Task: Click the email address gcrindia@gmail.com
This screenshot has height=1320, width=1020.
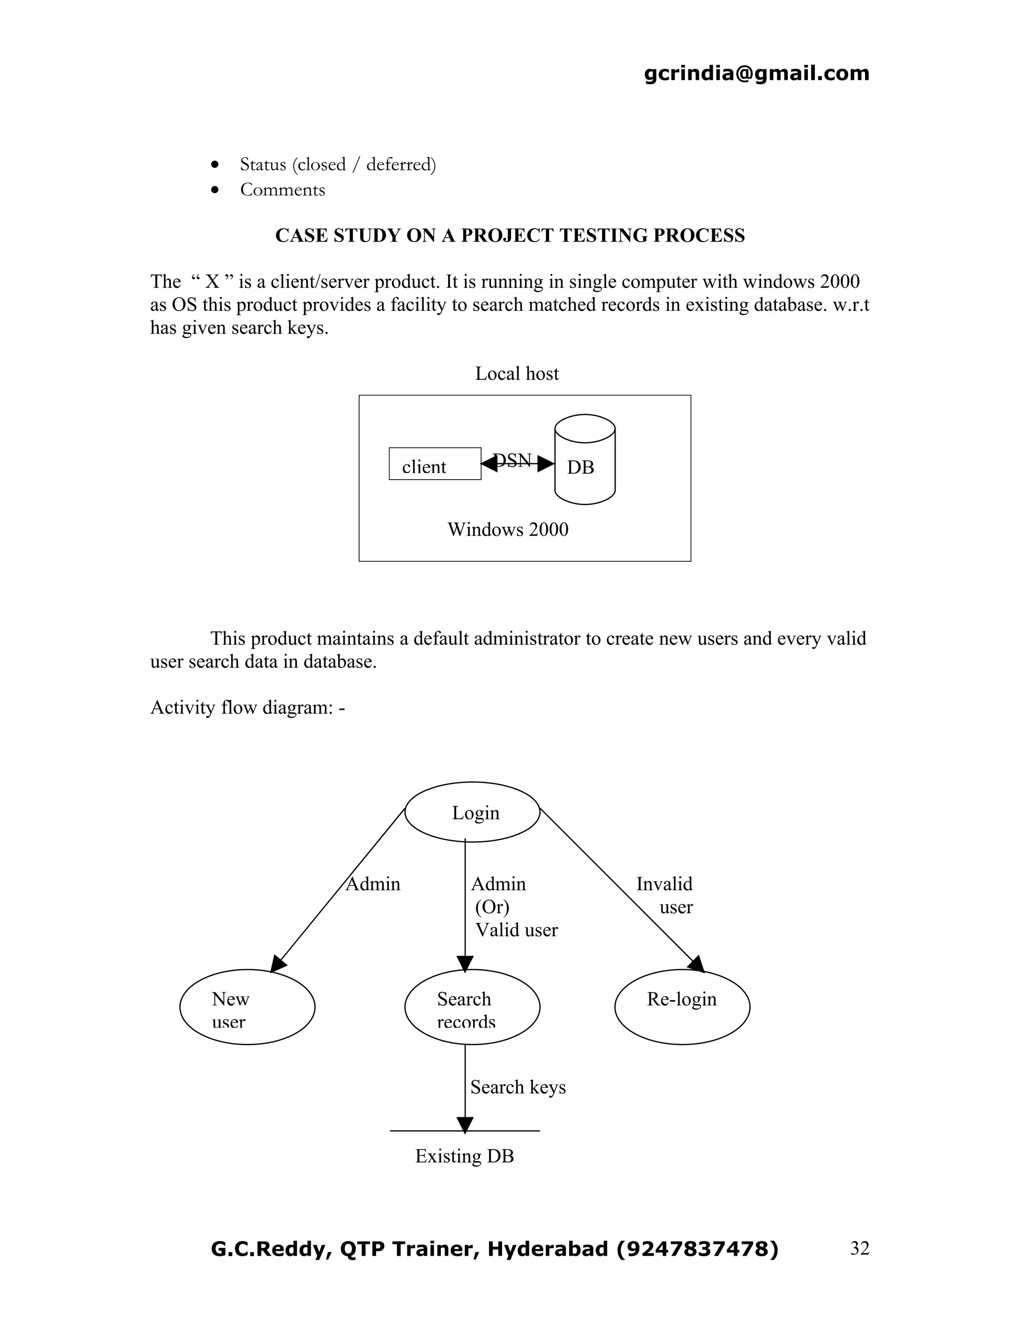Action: coord(756,73)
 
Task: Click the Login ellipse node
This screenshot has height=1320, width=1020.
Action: coord(472,812)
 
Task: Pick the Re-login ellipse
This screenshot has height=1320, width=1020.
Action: coord(682,1006)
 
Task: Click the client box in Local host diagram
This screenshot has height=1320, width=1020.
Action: coord(434,464)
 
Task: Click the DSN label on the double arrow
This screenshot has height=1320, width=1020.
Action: coord(512,461)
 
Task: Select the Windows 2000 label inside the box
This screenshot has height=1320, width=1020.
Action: coord(508,529)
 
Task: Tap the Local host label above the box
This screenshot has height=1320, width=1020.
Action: coord(516,374)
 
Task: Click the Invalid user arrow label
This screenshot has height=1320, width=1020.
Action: coord(665,895)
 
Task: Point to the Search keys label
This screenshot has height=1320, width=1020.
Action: coord(518,1087)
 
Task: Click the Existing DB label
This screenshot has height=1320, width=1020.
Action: coord(464,1156)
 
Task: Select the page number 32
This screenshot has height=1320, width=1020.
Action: coord(859,1248)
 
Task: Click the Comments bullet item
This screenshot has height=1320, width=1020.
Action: coord(282,190)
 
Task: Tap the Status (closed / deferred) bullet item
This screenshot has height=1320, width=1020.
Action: coord(337,164)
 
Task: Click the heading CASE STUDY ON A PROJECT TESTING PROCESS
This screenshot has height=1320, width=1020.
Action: coord(510,235)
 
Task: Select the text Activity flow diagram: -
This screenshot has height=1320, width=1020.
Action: coord(247,707)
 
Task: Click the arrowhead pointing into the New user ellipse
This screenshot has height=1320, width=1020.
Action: coord(278,963)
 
